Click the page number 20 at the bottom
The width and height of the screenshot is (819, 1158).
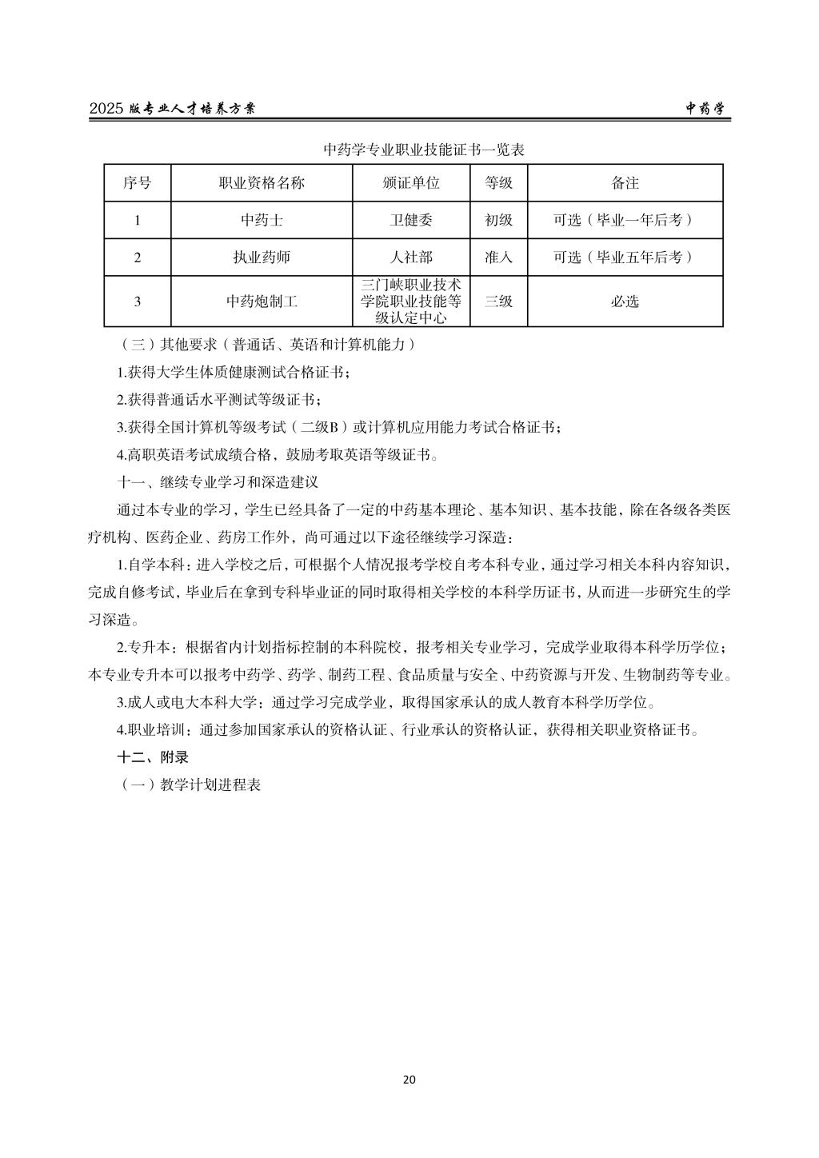pos(409,1080)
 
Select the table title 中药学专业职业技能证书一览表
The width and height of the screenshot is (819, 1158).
pos(423,150)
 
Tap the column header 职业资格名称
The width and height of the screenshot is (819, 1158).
pos(262,183)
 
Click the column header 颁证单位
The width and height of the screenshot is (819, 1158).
pos(411,183)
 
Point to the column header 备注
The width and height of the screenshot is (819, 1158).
pos(625,183)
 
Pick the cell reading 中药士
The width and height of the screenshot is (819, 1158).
pos(262,220)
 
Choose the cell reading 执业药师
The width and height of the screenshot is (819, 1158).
pos(262,258)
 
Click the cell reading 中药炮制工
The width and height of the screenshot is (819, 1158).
pos(262,301)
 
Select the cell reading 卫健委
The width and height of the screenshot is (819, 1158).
pos(411,220)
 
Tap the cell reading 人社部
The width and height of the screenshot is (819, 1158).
pos(411,258)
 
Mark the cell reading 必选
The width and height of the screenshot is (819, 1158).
pos(625,301)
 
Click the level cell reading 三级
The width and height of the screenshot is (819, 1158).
pos(498,301)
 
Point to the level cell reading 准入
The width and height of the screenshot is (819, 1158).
pos(498,258)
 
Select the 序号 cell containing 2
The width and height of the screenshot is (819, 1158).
pos(138,258)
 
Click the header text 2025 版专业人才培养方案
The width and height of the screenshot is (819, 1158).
pos(172,110)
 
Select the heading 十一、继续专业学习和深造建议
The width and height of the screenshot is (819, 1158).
pos(218,483)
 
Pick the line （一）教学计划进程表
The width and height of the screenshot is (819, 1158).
pos(190,785)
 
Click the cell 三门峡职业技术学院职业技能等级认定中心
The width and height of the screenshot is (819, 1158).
pos(411,301)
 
